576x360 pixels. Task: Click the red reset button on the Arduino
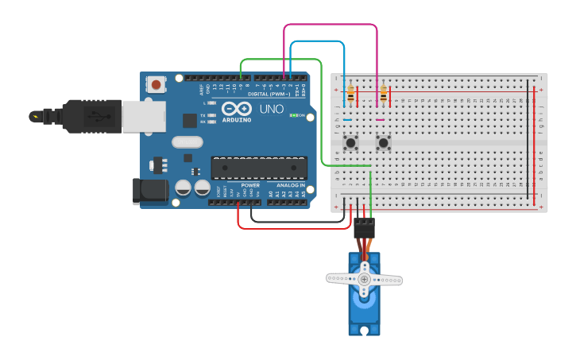[x=156, y=83]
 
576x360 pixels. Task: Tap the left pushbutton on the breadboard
[x=350, y=143]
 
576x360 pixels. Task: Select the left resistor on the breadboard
[x=350, y=95]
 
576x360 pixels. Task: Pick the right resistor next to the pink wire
[x=384, y=95]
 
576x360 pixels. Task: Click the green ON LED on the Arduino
[x=293, y=116]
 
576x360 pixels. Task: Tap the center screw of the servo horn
[x=365, y=279]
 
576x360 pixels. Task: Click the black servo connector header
[x=364, y=228]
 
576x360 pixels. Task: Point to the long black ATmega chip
[x=259, y=168]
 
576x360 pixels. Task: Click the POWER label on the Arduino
[x=249, y=185]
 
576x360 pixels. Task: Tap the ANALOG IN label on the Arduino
[x=289, y=185]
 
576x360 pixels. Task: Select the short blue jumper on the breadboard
[x=347, y=119]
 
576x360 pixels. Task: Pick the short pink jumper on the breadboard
[x=380, y=119]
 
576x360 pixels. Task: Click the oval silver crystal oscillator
[x=187, y=143]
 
